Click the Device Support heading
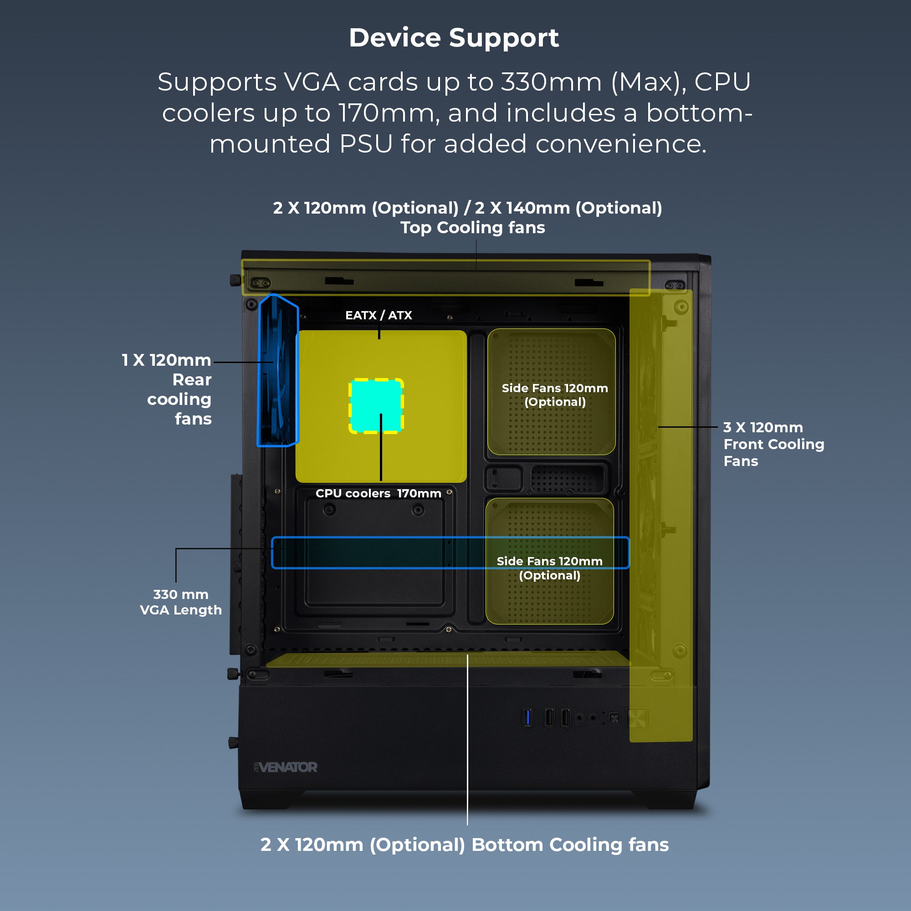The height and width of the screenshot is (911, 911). pos(454,38)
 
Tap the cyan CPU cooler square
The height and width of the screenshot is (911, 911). pos(376,405)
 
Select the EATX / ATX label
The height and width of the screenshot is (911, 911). pos(378,315)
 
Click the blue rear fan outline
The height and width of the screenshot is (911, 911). pos(278,370)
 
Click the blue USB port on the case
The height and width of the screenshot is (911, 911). pos(527,718)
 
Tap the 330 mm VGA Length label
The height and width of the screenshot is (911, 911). pos(180,602)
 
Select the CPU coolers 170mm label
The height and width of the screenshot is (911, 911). pos(378,493)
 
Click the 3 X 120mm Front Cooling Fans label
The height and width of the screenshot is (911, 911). pos(773,444)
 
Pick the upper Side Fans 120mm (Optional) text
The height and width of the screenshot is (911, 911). pos(554,394)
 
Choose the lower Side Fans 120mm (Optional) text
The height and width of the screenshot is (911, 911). pos(549,568)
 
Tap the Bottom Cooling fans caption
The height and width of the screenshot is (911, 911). pos(465,844)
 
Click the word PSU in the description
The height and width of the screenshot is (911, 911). pos(366,144)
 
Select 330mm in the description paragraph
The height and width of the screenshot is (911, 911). pos(551,82)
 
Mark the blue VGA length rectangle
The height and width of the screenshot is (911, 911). pos(377,553)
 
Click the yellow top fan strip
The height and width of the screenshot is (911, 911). pos(445,278)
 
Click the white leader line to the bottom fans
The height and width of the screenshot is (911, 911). pos(467,754)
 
